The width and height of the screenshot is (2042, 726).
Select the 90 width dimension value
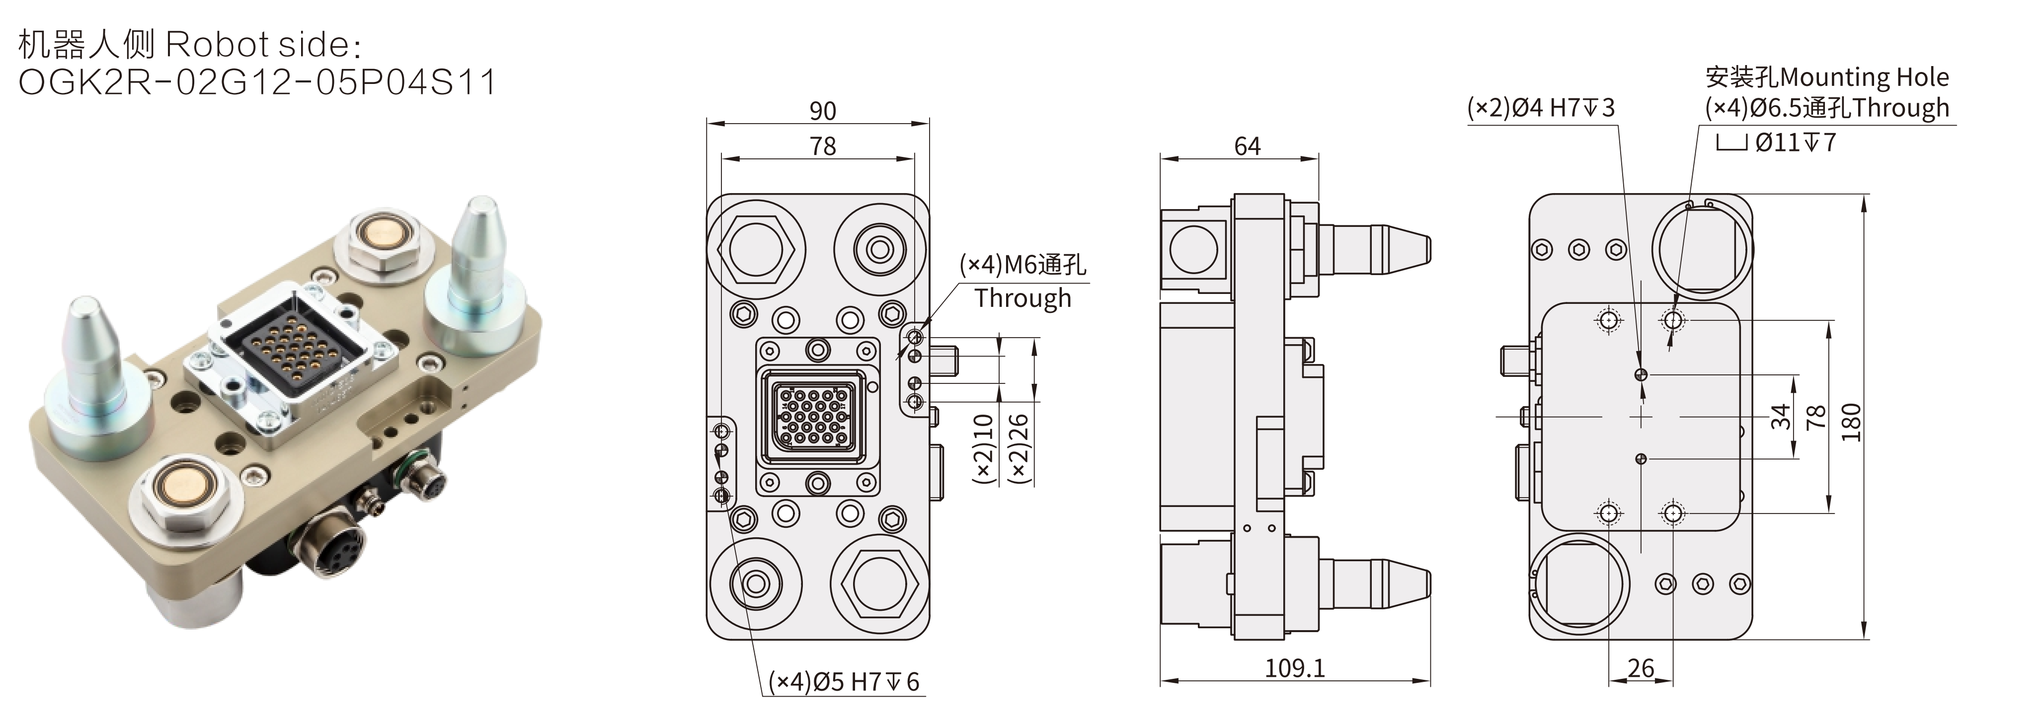pos(822,111)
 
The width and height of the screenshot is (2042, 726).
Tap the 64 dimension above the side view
pos(1247,146)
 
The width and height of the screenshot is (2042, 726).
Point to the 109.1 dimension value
pos(1294,668)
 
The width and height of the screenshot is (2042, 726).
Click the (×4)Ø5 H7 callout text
pos(844,682)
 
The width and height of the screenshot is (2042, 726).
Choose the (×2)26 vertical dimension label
pos(1019,448)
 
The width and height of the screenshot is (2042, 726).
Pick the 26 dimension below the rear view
pos(1640,668)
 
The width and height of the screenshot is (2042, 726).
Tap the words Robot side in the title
pos(258,45)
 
